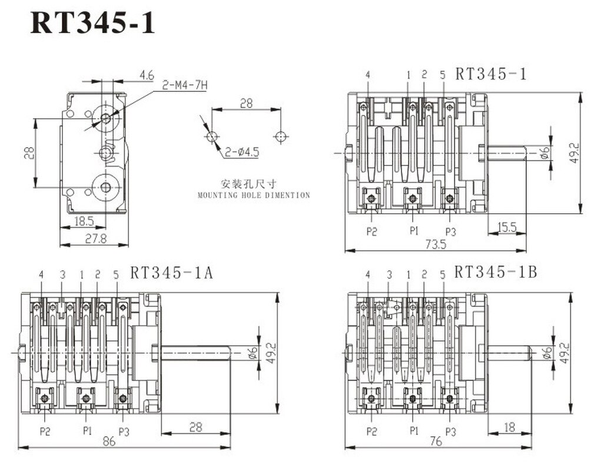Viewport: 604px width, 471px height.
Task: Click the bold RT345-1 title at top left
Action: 92,23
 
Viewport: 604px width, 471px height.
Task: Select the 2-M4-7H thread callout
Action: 184,85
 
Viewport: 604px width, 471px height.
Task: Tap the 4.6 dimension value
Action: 147,75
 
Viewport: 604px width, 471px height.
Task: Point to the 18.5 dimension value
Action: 84,221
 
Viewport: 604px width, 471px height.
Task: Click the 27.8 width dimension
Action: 95,239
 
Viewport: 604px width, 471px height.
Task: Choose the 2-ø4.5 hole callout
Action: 242,152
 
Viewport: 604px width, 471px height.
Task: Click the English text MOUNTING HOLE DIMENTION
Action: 254,195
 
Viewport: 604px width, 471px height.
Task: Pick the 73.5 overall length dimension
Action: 436,244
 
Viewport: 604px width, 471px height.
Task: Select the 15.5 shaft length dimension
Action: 507,227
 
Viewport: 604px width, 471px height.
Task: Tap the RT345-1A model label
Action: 171,273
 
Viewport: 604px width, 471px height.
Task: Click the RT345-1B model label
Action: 495,272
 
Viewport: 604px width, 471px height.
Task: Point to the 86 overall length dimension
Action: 109,441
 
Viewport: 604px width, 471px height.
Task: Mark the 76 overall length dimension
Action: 436,441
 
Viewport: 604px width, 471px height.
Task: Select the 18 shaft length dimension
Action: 509,427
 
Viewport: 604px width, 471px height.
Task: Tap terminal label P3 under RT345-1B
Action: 451,432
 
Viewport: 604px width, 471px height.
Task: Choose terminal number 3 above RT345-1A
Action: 63,274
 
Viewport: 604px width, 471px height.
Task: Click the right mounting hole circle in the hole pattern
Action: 280,137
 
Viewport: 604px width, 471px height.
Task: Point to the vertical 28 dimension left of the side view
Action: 29,153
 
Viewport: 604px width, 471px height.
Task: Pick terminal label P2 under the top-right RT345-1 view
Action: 371,231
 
